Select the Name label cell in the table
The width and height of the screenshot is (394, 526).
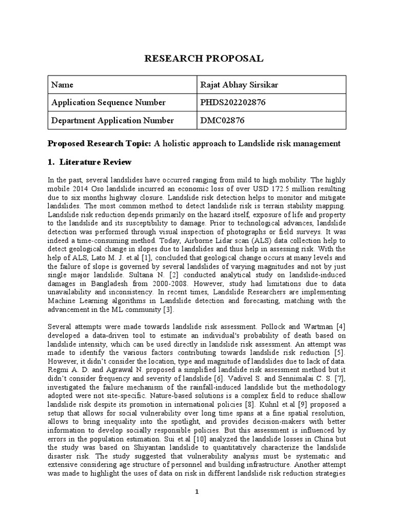[63, 85]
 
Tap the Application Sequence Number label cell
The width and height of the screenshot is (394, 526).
[108, 103]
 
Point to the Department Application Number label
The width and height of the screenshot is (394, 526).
[112, 121]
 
